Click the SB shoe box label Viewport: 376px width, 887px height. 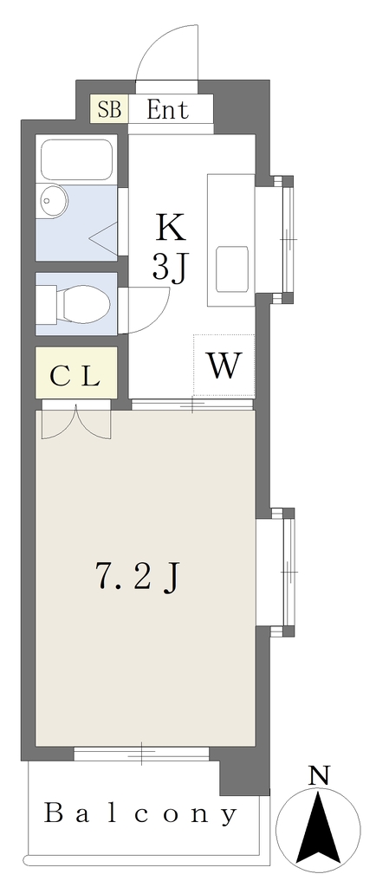point(109,109)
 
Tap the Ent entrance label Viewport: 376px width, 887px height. point(167,109)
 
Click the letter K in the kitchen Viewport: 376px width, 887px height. point(170,229)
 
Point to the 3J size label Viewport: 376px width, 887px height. point(169,269)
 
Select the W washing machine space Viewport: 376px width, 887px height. point(224,366)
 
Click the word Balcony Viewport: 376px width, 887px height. point(141,814)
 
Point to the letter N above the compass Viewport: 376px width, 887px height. point(320,775)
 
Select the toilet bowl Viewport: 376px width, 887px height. point(83,304)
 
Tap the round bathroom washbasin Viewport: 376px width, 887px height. point(53,200)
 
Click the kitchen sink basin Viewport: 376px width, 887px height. point(232,269)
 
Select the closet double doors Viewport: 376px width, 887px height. point(76,422)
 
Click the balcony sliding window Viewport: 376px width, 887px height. point(141,754)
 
